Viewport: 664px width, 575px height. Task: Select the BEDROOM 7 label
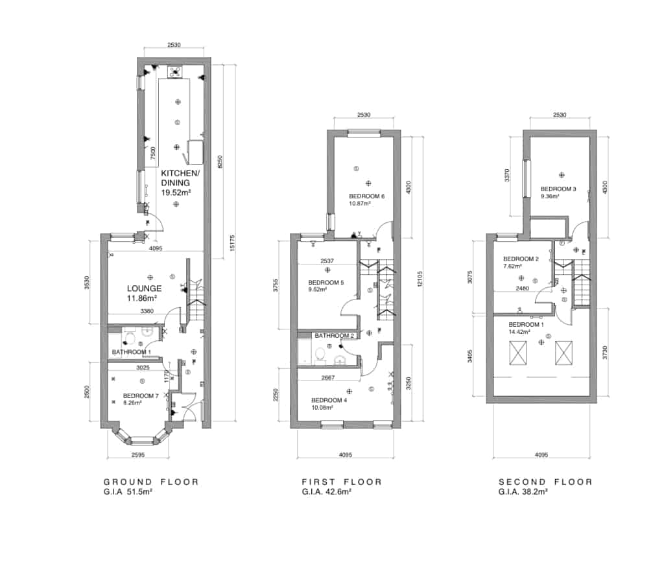pyautogui.click(x=141, y=395)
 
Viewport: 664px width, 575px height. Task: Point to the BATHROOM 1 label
pyautogui.click(x=132, y=352)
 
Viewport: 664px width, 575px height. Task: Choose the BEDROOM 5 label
pyautogui.click(x=327, y=283)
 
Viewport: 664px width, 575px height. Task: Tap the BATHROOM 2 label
pyautogui.click(x=335, y=336)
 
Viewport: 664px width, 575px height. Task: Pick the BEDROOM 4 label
pyautogui.click(x=329, y=400)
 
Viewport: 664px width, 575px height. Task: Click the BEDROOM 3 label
pyautogui.click(x=558, y=189)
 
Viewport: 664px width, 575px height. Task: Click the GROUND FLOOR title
pyautogui.click(x=151, y=482)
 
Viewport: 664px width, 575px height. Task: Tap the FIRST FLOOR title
pyautogui.click(x=342, y=482)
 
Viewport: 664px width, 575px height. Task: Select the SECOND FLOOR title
pyautogui.click(x=545, y=482)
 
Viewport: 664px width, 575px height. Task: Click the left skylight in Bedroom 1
pyautogui.click(x=519, y=353)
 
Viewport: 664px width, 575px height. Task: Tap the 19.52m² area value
pyautogui.click(x=175, y=193)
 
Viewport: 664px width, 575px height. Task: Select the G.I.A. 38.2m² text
pyautogui.click(x=523, y=492)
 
